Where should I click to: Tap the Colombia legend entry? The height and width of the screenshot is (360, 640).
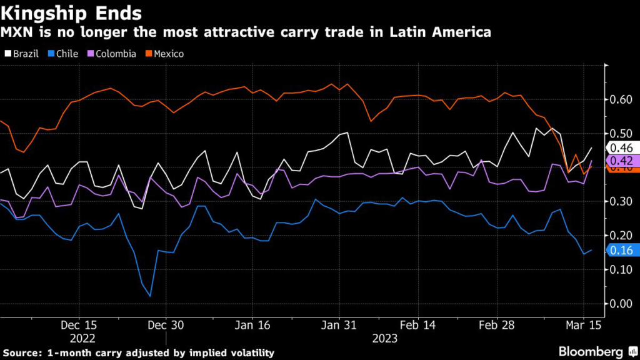tap(114, 54)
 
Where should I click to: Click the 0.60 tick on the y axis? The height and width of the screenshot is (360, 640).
tap(620, 99)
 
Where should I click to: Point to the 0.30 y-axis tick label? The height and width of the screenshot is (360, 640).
tap(620, 201)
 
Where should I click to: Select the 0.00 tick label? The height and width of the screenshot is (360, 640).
tap(620, 304)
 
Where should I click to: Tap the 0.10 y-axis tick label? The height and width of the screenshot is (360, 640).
tap(620, 269)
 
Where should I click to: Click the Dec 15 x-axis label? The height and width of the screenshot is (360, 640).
tap(79, 326)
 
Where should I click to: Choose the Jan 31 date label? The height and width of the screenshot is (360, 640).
tap(339, 326)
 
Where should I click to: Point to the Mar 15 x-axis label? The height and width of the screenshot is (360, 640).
tap(583, 326)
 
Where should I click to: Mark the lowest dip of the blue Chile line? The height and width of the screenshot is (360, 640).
tap(150, 296)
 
